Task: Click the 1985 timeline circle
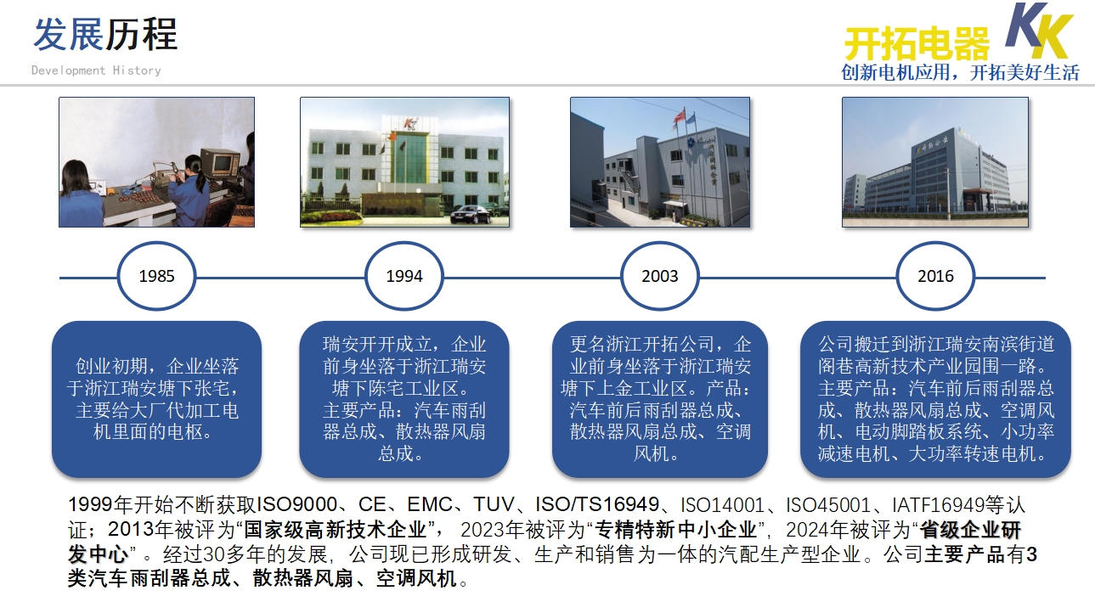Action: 156,243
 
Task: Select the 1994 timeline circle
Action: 404,243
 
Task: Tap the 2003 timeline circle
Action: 660,243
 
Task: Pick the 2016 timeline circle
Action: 935,243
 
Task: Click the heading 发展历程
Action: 105,35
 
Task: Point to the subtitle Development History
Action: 96,70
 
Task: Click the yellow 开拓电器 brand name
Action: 917,43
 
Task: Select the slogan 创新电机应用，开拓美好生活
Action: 960,73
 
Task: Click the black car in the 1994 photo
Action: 471,215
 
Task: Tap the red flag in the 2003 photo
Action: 680,116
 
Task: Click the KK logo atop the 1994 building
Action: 409,124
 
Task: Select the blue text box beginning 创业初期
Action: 156,399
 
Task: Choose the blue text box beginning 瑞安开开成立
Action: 404,399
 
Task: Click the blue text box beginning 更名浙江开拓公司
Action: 660,399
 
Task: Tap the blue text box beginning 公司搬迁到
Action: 935,399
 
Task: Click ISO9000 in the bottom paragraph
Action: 296,504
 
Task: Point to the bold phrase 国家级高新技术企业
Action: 336,530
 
